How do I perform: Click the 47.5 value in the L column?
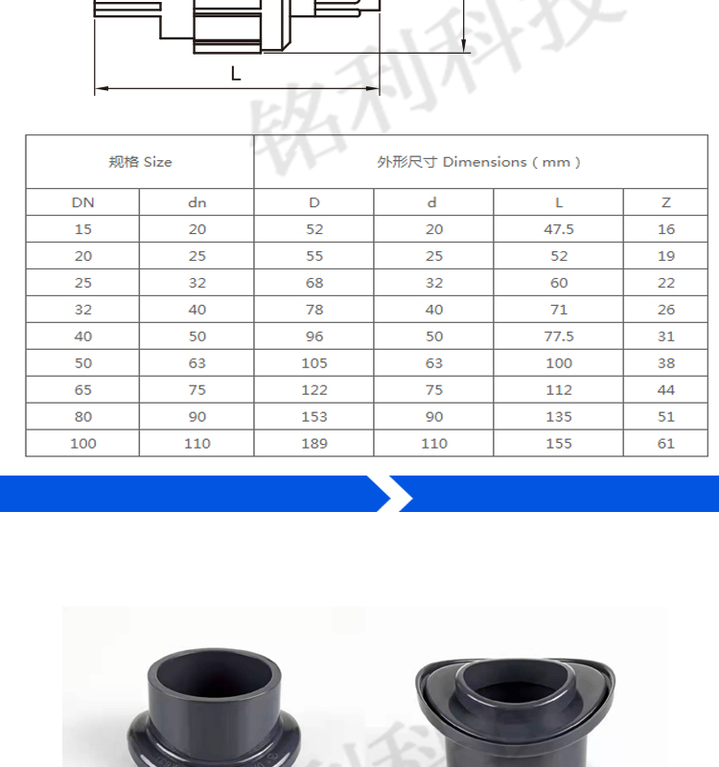[x=559, y=229]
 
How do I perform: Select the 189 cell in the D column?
[x=314, y=443]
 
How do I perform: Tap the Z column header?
[x=665, y=202]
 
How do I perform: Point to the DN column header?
[x=82, y=202]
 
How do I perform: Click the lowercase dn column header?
[x=197, y=202]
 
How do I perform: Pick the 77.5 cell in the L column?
[x=559, y=337]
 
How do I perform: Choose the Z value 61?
[x=665, y=443]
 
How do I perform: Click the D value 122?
[x=314, y=390]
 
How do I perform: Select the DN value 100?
[x=82, y=443]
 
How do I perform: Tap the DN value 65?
[x=82, y=390]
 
